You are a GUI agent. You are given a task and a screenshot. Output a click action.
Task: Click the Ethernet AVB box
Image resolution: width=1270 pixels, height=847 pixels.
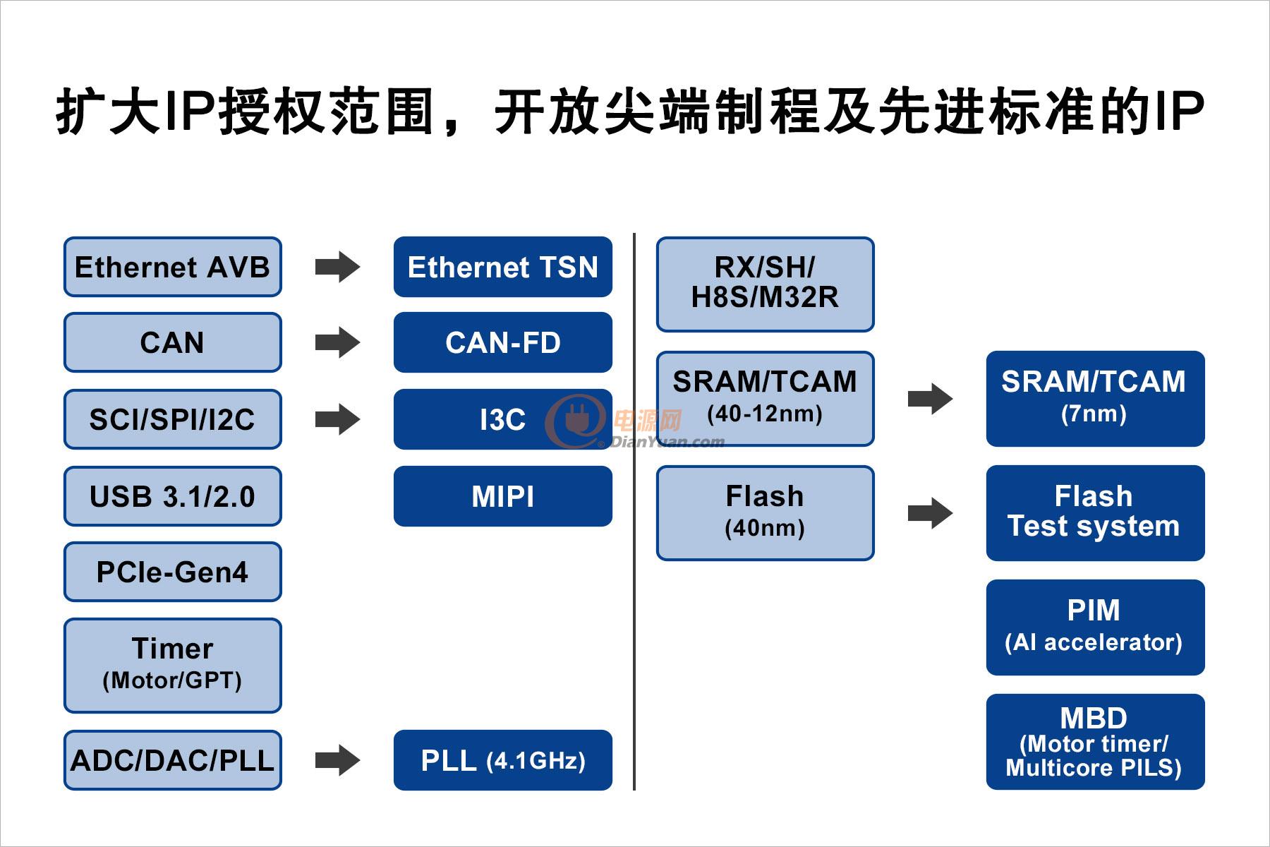(x=172, y=267)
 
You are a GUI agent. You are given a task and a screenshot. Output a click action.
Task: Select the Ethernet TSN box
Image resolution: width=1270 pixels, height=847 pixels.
(x=502, y=267)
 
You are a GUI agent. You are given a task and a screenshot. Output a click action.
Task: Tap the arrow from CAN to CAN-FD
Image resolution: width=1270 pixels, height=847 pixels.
(x=337, y=343)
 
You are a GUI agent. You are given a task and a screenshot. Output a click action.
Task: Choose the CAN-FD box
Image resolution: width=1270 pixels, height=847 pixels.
(x=502, y=343)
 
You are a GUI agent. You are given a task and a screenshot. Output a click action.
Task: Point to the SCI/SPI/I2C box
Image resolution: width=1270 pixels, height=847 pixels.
(x=172, y=419)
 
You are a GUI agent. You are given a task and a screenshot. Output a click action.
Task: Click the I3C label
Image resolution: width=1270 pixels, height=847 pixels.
(x=502, y=420)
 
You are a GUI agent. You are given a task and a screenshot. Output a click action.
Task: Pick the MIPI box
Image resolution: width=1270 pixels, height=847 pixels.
(x=502, y=496)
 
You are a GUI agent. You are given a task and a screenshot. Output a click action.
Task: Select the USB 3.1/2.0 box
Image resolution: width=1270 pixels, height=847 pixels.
(x=172, y=496)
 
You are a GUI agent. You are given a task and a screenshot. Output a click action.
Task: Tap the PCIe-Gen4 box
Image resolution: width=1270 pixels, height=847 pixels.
(x=172, y=572)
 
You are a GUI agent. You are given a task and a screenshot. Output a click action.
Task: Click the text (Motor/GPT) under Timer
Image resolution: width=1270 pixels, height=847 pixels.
(x=172, y=680)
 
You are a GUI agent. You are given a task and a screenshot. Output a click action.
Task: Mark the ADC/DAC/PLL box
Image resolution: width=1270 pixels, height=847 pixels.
(x=172, y=760)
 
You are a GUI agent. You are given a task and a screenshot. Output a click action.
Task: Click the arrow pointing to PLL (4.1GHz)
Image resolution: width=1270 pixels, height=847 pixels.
(x=337, y=760)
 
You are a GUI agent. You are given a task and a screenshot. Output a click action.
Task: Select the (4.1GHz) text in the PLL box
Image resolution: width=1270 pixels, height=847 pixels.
(x=536, y=761)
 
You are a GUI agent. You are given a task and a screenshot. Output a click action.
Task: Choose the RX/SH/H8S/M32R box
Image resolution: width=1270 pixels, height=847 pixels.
(x=765, y=284)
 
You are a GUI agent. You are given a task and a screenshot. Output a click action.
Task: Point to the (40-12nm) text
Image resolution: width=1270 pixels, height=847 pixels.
(x=765, y=414)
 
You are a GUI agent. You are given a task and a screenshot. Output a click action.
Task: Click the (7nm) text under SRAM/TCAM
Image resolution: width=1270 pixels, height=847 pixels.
(x=1094, y=414)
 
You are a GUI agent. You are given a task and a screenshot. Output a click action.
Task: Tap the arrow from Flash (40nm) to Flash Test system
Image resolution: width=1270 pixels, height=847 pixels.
(x=930, y=513)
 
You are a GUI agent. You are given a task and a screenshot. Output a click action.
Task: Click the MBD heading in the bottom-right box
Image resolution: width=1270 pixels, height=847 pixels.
(x=1094, y=719)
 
